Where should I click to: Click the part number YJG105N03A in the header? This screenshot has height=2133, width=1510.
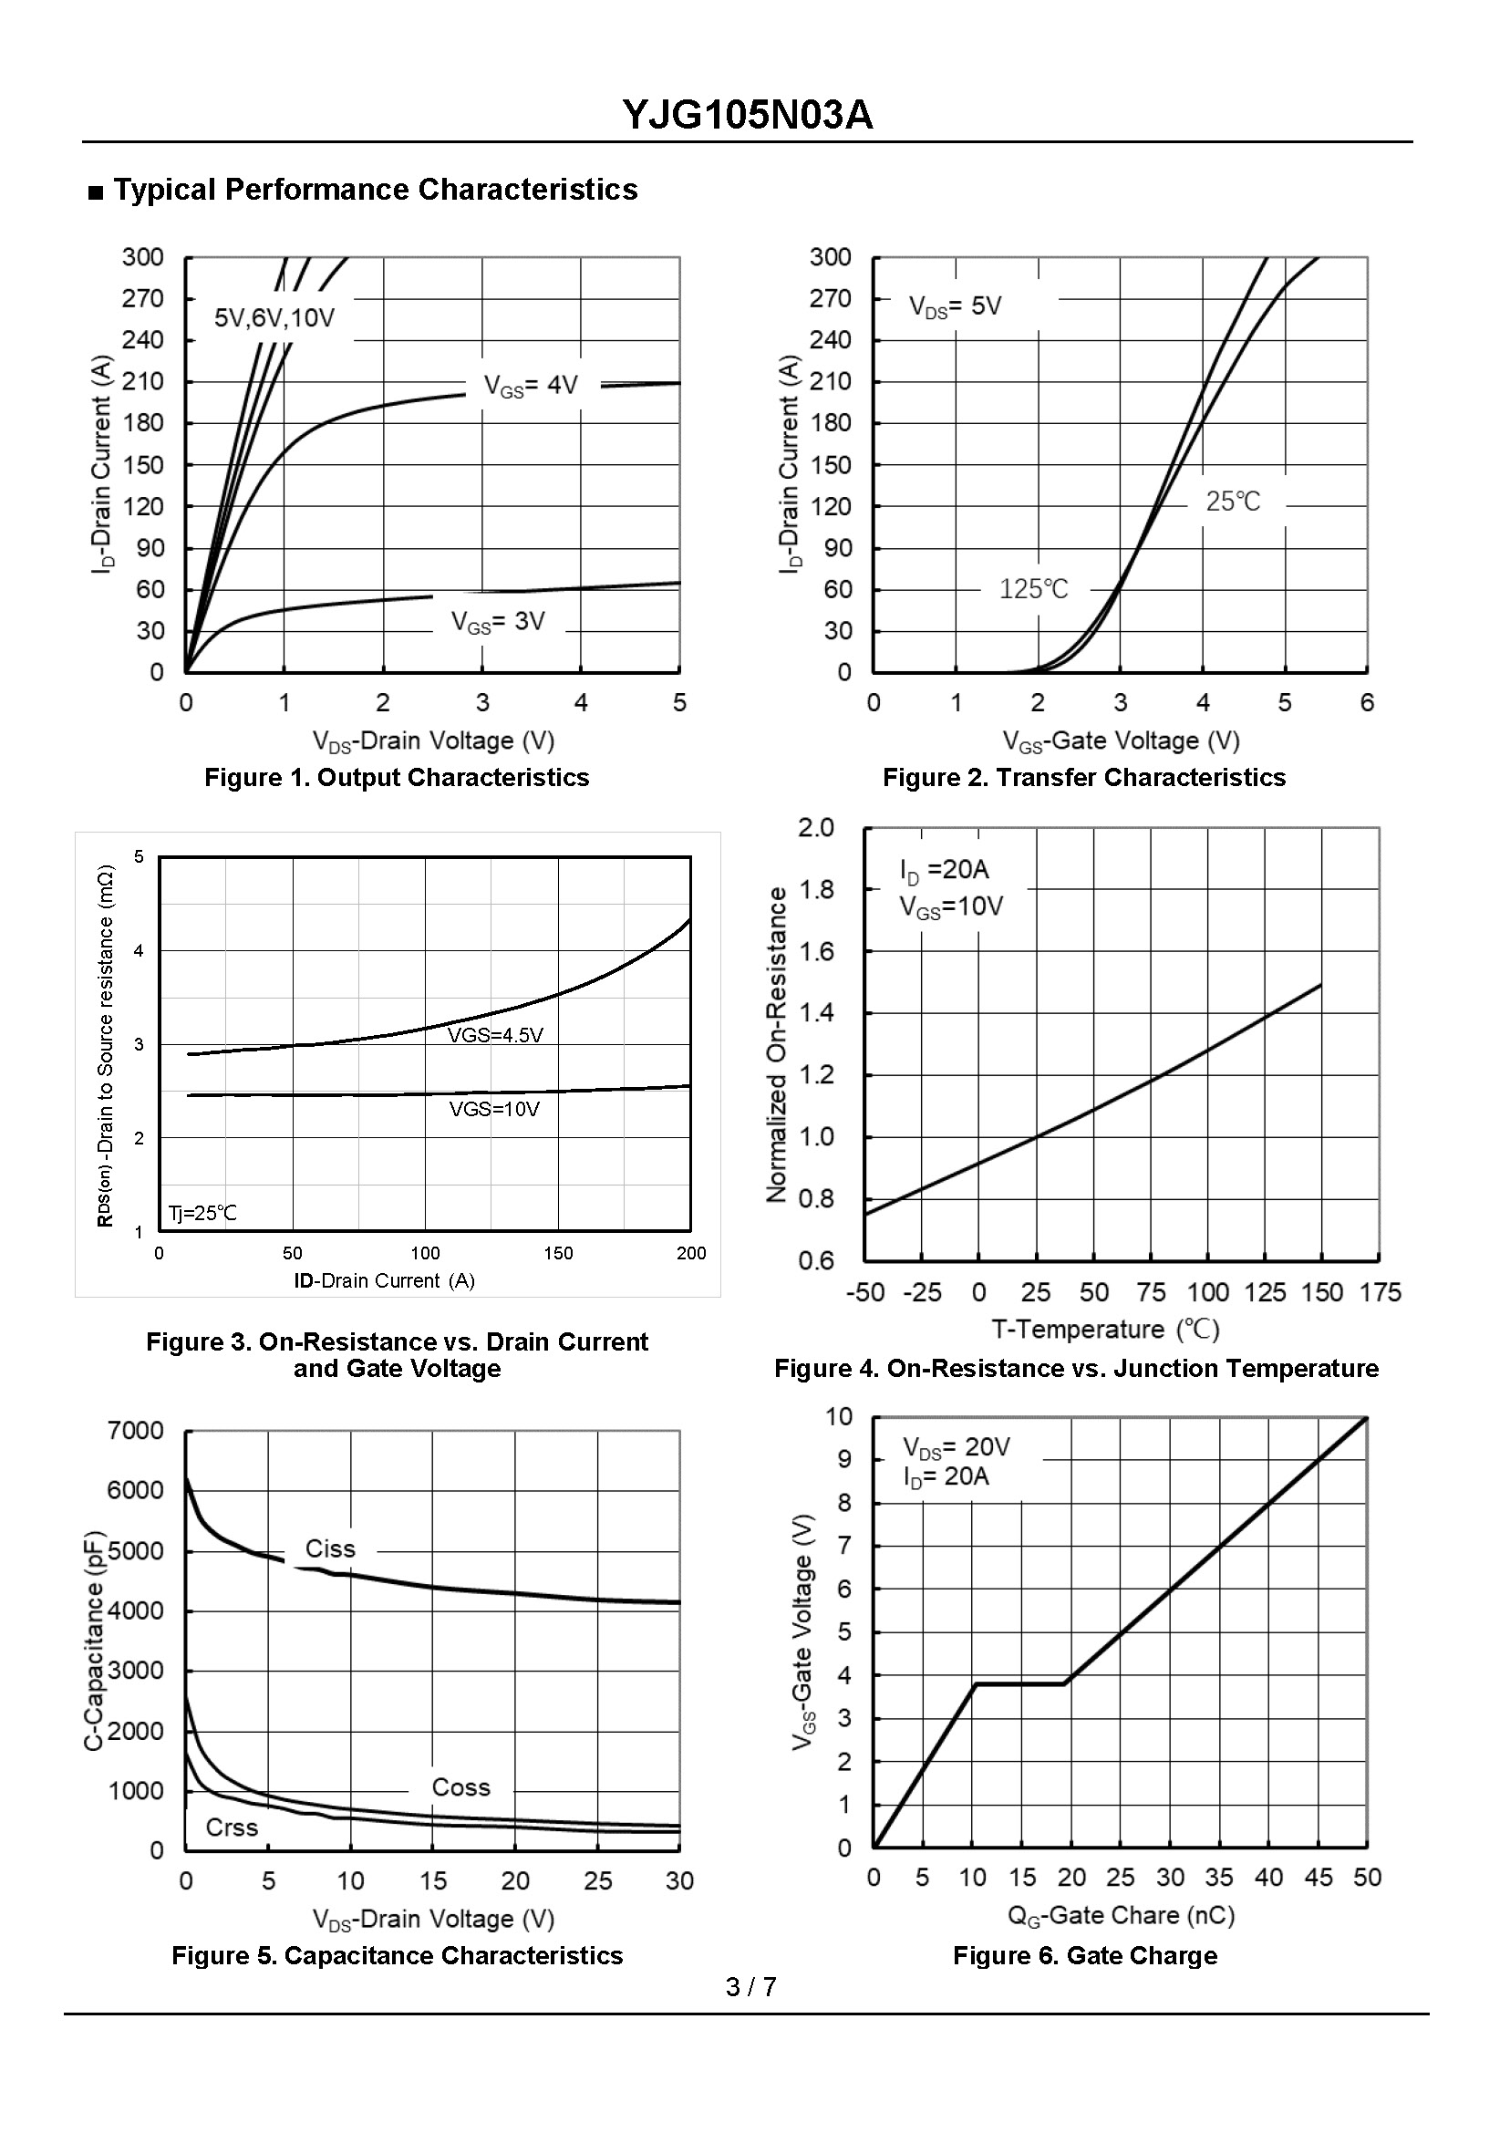(x=748, y=115)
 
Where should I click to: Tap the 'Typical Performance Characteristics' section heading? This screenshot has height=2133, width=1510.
(x=375, y=190)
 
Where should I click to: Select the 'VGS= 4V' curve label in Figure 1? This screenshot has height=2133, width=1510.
(x=531, y=385)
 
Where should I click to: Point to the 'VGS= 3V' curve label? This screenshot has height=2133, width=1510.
(x=499, y=621)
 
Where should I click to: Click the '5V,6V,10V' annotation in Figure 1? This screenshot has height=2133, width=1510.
(x=274, y=319)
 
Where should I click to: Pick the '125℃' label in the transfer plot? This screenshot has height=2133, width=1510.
(x=1034, y=588)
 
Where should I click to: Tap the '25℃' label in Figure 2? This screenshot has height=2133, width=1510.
(x=1233, y=502)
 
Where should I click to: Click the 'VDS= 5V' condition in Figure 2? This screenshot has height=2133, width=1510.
(x=955, y=306)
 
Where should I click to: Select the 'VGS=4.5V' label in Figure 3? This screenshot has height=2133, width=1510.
(x=496, y=1036)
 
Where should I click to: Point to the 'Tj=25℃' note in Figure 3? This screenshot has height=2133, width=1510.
(x=202, y=1213)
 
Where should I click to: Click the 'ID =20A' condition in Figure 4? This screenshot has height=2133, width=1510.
(x=945, y=870)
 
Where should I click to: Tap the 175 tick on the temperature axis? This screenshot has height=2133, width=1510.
(x=1380, y=1292)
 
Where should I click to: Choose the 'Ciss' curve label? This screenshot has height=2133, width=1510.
(x=330, y=1549)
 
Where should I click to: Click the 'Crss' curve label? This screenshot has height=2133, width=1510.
(x=232, y=1828)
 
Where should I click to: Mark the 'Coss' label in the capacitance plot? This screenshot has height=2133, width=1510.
(x=461, y=1787)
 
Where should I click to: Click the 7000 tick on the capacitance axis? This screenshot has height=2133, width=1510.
(x=136, y=1431)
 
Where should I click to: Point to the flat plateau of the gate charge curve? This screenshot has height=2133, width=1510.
(x=1020, y=1684)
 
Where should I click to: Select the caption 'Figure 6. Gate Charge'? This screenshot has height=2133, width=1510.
(x=1085, y=1956)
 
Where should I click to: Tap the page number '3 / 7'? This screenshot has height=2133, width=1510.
(x=751, y=1988)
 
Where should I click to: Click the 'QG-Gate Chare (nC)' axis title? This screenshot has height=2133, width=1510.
(x=1122, y=1915)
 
